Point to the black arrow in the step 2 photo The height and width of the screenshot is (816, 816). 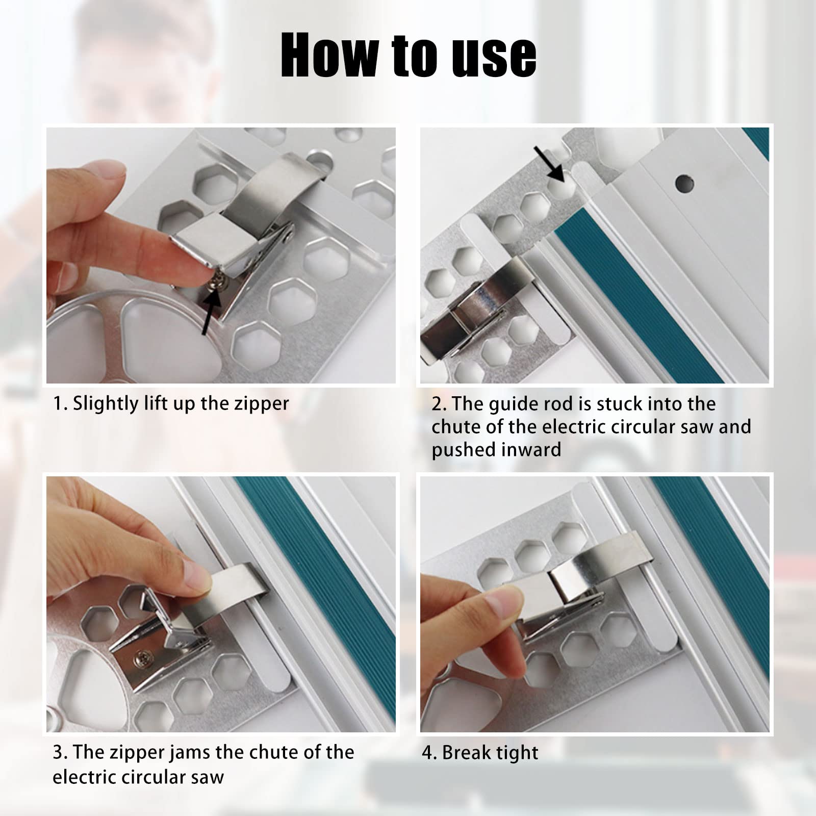click(x=549, y=164)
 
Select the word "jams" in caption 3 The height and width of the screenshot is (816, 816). click(x=210, y=753)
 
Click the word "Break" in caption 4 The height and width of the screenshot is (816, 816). click(x=468, y=753)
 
